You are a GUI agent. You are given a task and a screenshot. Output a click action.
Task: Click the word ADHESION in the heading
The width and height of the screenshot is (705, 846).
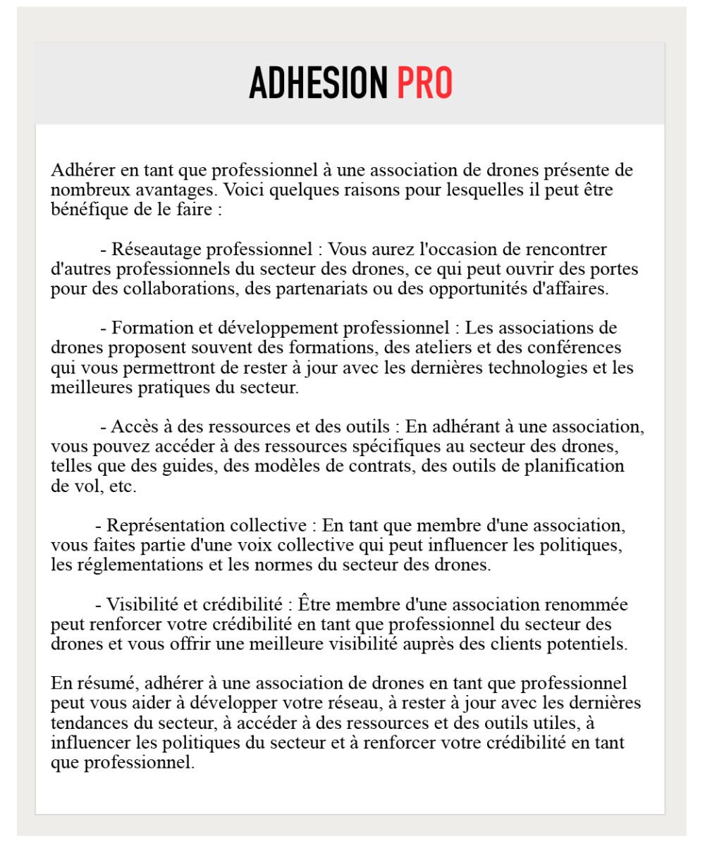click(x=318, y=83)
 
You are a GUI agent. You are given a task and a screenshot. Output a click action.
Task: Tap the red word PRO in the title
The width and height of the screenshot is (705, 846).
click(x=424, y=83)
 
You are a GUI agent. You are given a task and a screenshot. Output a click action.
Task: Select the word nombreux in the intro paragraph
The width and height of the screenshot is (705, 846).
click(x=82, y=190)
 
